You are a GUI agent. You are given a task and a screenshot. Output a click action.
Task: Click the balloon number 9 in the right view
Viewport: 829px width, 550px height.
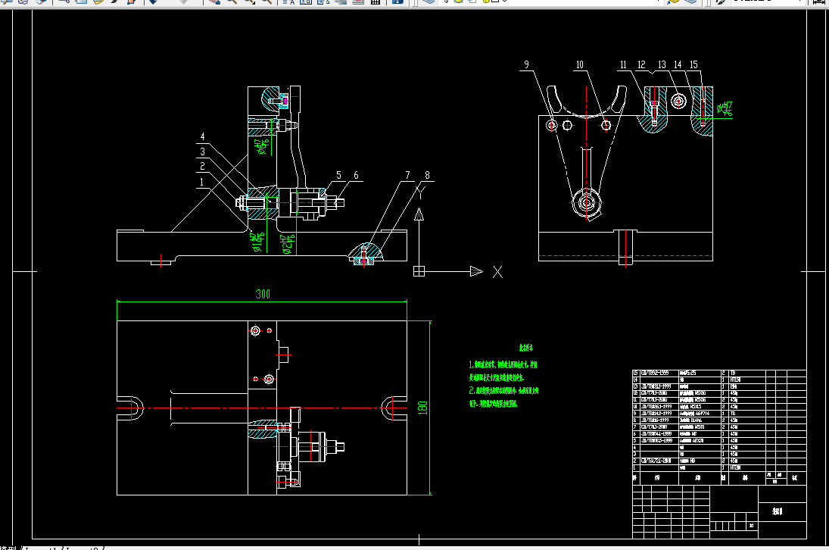click(x=526, y=66)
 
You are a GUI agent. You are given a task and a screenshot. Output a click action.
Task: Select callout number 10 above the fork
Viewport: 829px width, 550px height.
click(x=580, y=66)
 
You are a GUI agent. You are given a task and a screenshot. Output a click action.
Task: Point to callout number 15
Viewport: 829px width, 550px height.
click(x=693, y=66)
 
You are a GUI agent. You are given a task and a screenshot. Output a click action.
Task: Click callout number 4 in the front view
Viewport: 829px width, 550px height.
click(x=202, y=137)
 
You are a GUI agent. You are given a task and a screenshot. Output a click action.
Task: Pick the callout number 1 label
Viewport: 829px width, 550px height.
click(x=201, y=182)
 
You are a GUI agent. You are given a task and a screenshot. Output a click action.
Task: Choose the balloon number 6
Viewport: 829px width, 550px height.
click(x=357, y=176)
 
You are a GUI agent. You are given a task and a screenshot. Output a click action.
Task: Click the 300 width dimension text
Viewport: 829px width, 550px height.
click(x=262, y=294)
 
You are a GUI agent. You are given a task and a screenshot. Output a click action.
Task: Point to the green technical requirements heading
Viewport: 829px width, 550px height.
click(x=525, y=348)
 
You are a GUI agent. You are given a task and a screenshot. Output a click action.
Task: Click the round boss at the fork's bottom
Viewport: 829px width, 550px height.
click(x=585, y=203)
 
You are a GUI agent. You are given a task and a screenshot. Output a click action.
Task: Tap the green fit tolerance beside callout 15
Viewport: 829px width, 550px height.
click(x=726, y=109)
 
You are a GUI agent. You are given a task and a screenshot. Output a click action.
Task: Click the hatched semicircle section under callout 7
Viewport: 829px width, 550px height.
click(x=364, y=254)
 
